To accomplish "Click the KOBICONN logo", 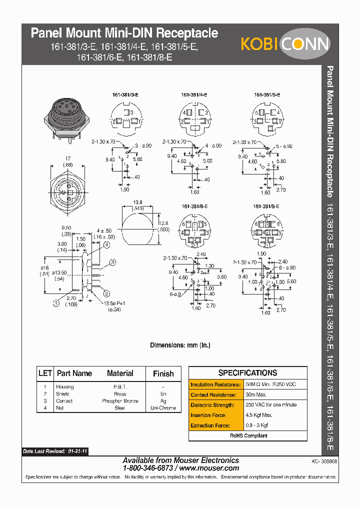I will [x=285, y=43].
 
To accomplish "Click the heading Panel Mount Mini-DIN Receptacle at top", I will [x=124, y=33].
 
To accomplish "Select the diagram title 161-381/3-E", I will [x=124, y=94].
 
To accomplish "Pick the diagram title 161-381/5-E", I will [x=267, y=94].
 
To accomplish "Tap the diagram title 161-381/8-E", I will [x=265, y=206].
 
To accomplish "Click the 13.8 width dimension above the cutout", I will [x=138, y=202].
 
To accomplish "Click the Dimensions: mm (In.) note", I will [x=180, y=345].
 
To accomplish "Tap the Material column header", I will [x=120, y=373].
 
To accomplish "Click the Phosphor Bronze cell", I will [x=120, y=401].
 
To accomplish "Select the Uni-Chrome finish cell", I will [x=163, y=408].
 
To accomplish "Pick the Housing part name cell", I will [x=65, y=387].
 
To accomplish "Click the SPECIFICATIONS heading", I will [x=248, y=373].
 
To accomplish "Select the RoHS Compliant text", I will [x=248, y=435].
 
